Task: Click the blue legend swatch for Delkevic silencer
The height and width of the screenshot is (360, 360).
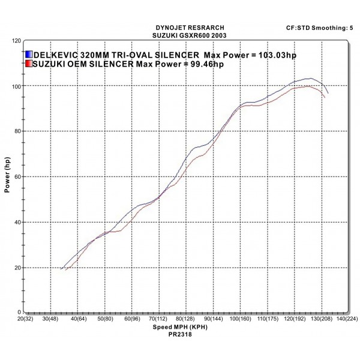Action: point(29,54)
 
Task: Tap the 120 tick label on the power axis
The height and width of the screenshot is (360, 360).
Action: point(16,41)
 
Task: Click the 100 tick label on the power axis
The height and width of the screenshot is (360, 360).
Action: point(16,86)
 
